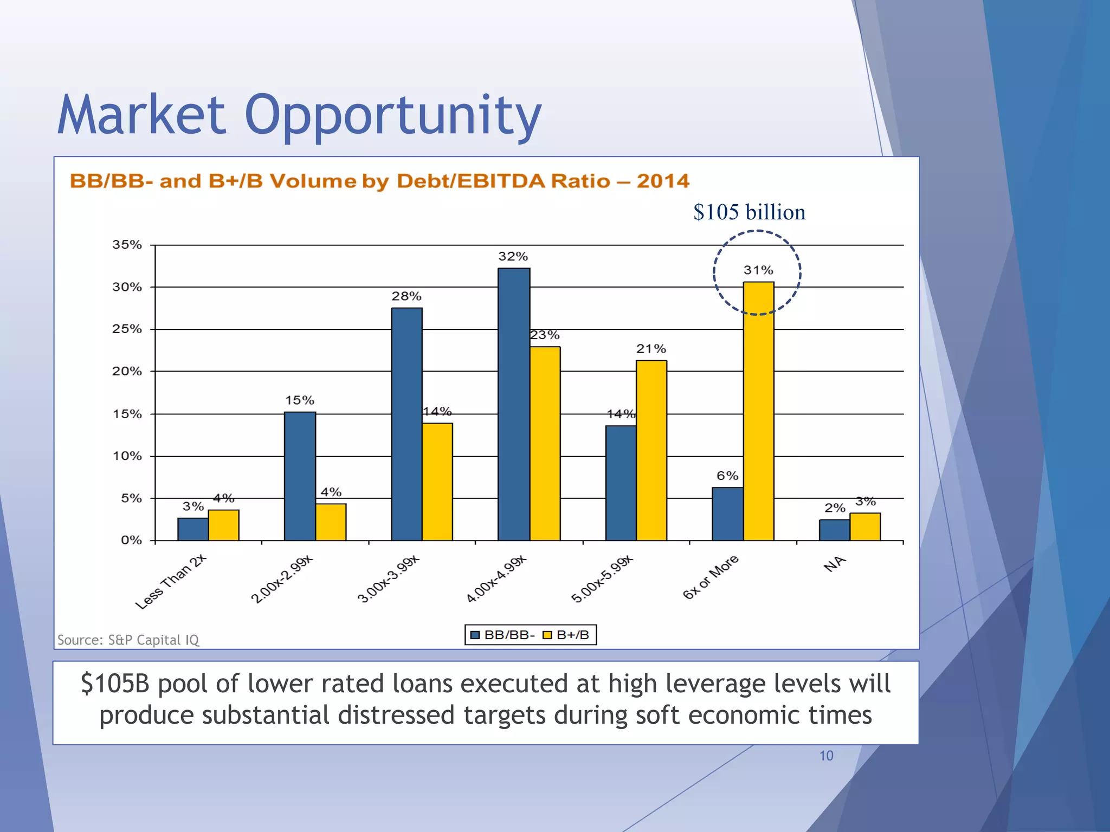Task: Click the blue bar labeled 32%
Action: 514,404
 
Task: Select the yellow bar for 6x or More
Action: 758,412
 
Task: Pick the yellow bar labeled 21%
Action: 651,450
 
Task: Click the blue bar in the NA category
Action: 834,530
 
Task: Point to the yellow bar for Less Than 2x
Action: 223,525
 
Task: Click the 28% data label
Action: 406,296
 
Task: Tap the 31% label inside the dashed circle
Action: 758,270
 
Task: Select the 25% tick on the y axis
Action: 127,329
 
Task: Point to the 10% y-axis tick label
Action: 127,456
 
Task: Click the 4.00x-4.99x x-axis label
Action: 496,578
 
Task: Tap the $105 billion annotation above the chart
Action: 749,212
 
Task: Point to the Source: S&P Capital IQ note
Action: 128,640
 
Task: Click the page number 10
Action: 826,756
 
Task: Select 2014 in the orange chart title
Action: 663,180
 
